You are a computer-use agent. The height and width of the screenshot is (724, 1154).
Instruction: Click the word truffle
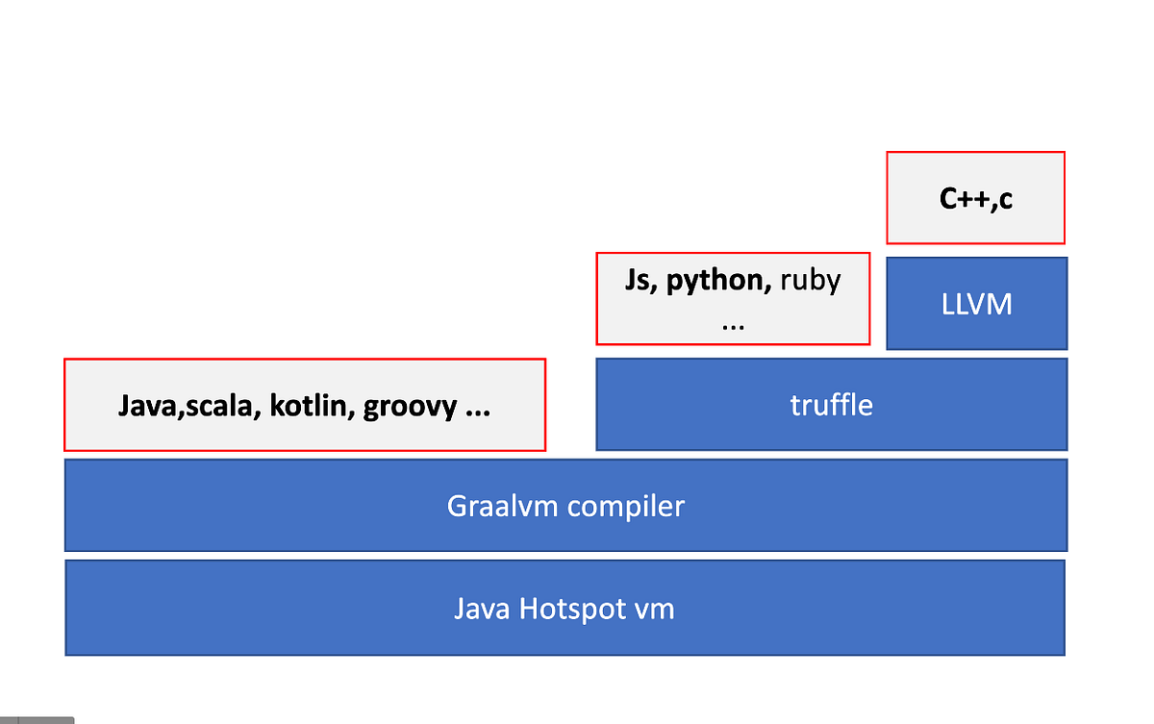831,405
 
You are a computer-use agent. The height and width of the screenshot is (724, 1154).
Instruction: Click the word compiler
625,506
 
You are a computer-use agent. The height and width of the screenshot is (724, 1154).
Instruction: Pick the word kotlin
307,407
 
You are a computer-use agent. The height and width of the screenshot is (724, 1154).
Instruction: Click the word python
715,280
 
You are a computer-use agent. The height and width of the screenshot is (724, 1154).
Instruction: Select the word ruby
810,280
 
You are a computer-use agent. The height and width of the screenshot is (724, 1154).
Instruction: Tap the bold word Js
637,280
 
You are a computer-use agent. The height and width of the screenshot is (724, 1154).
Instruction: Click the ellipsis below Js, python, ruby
733,323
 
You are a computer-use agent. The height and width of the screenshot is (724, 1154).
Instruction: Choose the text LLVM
976,304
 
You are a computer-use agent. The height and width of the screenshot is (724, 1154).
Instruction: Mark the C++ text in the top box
963,198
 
